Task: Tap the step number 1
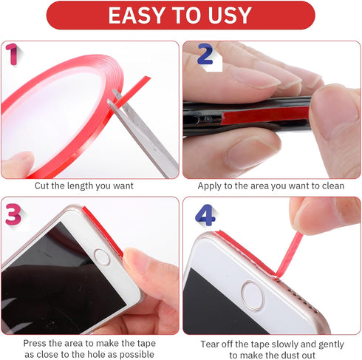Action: [x=13, y=53]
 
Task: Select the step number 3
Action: [x=13, y=214]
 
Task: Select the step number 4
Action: [x=207, y=214]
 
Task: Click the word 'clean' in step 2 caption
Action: [x=330, y=186]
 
